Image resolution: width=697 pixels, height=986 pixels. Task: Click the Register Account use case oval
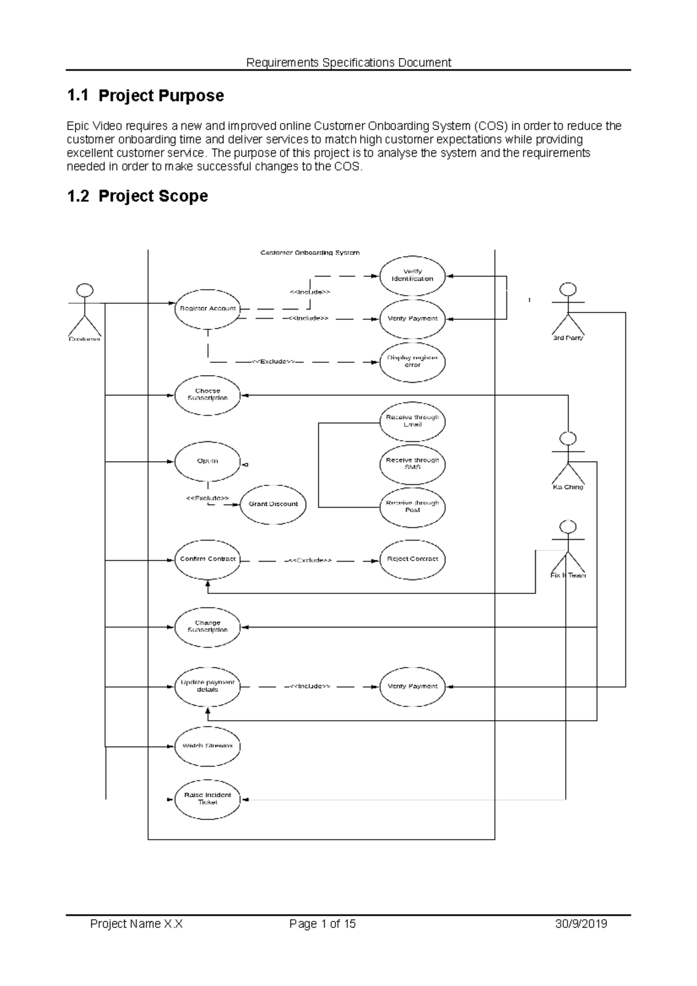coord(207,308)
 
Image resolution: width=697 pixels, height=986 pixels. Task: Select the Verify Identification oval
coord(412,275)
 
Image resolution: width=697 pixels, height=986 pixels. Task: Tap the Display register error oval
coord(412,361)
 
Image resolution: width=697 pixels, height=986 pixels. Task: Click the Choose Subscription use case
coord(207,395)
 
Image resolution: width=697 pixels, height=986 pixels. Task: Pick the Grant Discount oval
coord(273,504)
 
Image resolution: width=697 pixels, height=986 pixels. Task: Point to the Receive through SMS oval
coord(412,463)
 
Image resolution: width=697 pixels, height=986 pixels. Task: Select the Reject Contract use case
coord(412,559)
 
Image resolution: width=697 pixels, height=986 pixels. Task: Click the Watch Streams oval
coord(207,746)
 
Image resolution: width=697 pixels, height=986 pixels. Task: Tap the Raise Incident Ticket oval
coord(207,799)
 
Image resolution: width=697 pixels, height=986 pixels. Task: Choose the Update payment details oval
coord(207,686)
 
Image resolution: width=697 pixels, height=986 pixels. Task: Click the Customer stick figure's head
coord(85,290)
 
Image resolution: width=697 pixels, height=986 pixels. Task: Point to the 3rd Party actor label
coord(567,338)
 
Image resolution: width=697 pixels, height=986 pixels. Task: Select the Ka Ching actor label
coord(567,487)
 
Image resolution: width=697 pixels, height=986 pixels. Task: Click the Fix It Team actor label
coord(568,575)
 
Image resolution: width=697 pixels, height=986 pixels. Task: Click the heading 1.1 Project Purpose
coord(145,96)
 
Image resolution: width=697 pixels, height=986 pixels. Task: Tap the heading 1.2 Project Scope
coord(137,196)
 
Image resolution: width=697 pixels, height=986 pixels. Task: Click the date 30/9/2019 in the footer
coord(581,924)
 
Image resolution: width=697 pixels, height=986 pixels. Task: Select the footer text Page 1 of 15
coord(322,924)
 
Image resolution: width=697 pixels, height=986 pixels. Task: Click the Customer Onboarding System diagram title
coord(310,253)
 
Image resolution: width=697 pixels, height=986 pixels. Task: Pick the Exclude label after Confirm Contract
coord(308,560)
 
